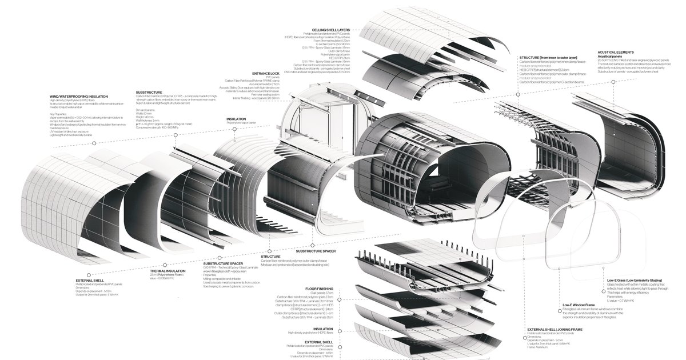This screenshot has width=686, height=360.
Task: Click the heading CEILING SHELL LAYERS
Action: pos(330,30)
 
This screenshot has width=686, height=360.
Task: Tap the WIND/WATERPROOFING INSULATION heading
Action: pos(79,97)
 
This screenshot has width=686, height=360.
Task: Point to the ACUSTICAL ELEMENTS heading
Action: pos(615,52)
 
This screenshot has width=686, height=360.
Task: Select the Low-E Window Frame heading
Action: pos(579,305)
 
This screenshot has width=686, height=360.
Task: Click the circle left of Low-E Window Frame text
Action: pos(557,306)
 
